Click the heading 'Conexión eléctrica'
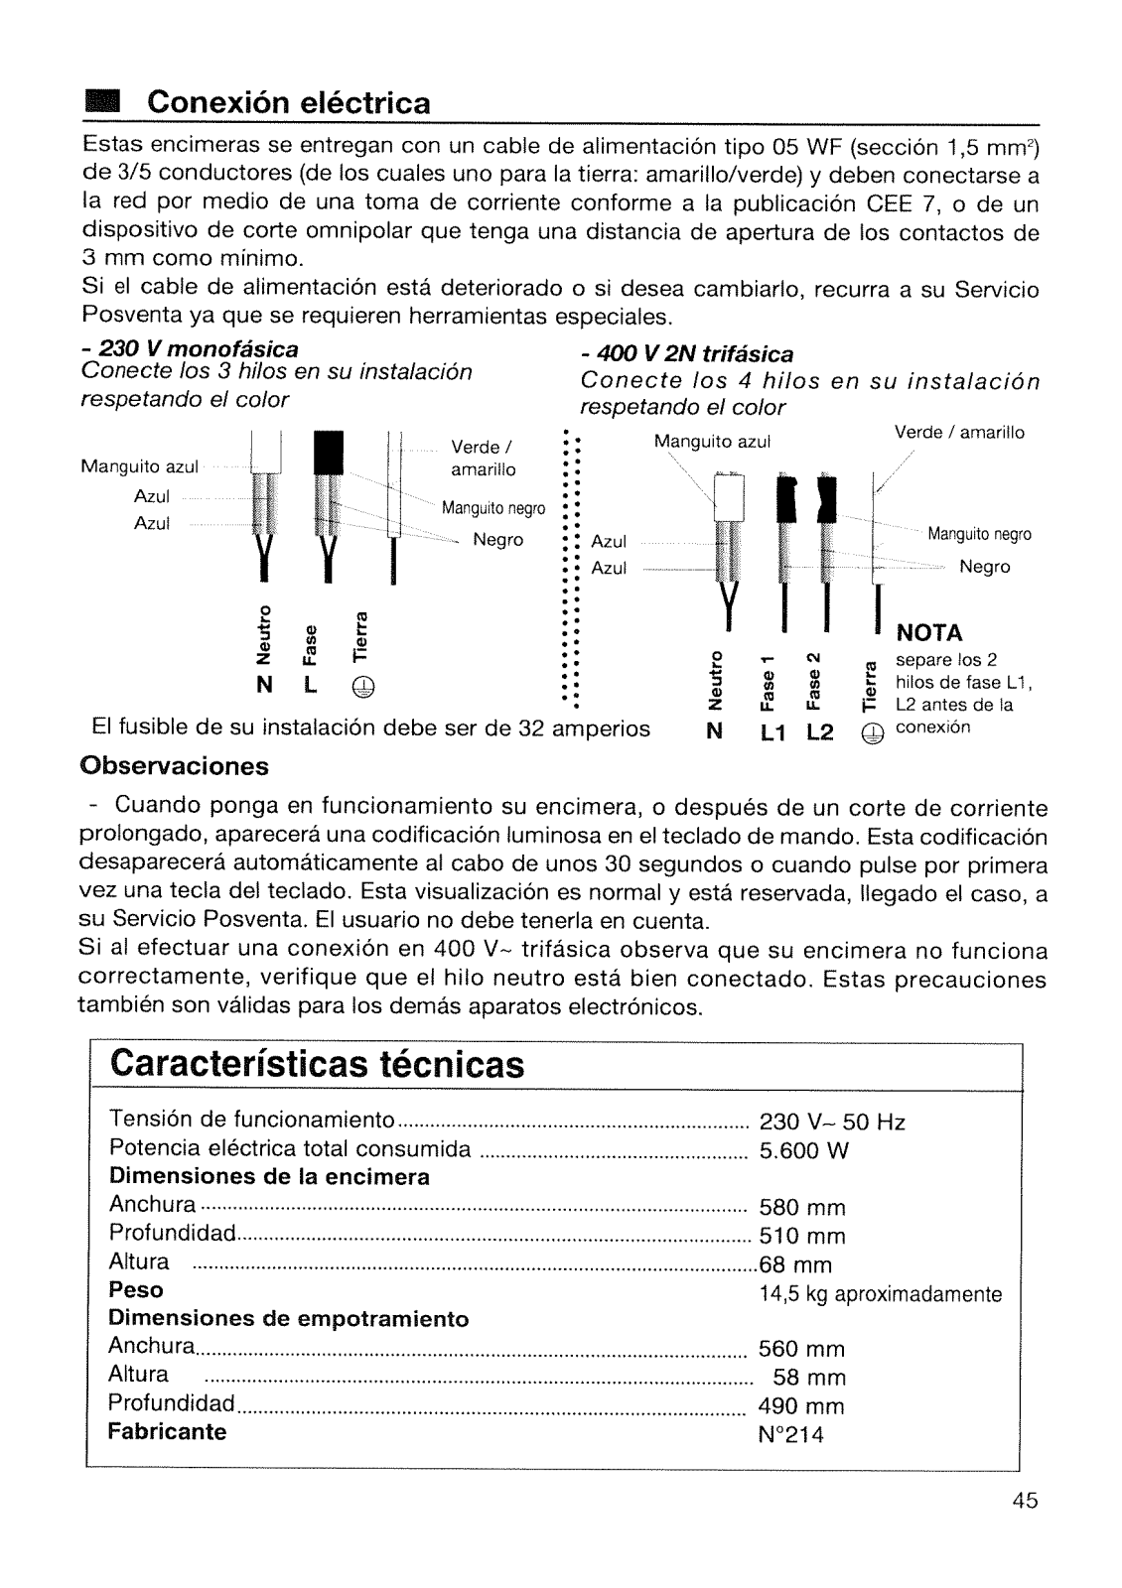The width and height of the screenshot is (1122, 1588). (289, 103)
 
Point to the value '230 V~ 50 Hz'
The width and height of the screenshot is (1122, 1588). (832, 1123)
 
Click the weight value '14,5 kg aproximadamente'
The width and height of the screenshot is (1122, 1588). (880, 1294)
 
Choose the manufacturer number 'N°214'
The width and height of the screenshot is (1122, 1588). (791, 1434)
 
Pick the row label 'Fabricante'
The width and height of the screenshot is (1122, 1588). (168, 1431)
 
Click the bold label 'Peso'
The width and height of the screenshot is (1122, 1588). (136, 1290)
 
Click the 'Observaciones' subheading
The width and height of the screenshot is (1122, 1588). (175, 767)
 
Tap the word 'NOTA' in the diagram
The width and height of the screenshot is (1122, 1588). (929, 633)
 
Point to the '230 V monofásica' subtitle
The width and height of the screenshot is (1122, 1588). (190, 349)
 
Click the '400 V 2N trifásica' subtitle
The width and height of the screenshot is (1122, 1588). (687, 354)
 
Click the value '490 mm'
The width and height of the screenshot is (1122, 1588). (801, 1406)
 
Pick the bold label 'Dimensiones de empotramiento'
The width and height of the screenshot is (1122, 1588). (288, 1319)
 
